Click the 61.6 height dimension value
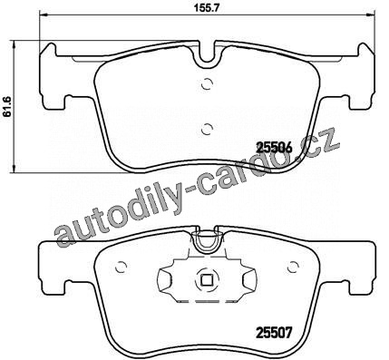(7, 106)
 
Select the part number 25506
(275, 148)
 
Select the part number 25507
(275, 333)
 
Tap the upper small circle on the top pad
(208, 83)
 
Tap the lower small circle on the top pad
(208, 130)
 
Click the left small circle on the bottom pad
(122, 267)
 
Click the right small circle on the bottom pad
(292, 267)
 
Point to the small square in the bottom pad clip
(207, 281)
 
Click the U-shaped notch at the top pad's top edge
(208, 61)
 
